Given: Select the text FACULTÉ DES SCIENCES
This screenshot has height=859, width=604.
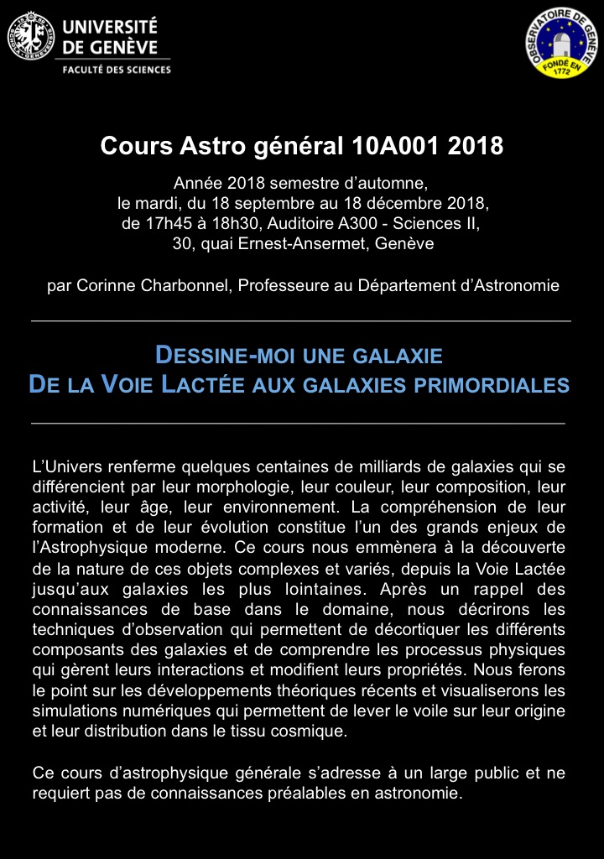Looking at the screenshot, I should [x=117, y=70].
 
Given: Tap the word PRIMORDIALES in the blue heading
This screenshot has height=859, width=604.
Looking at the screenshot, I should [x=495, y=385].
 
